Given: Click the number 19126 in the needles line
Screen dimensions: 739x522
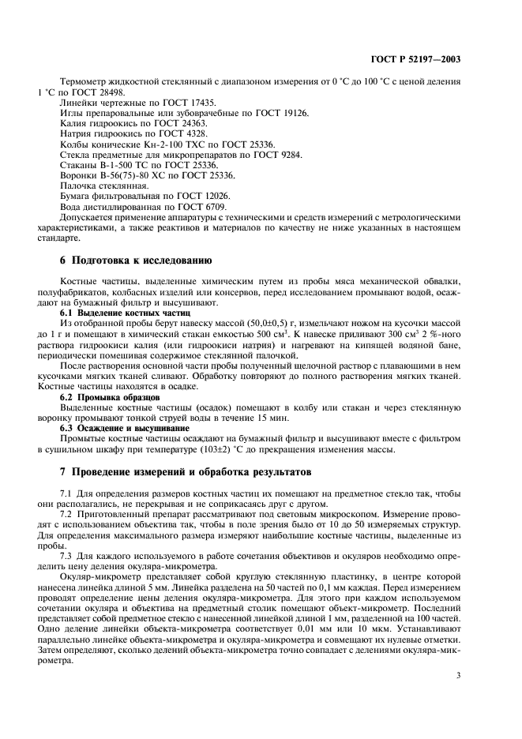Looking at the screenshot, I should point(292,114).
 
